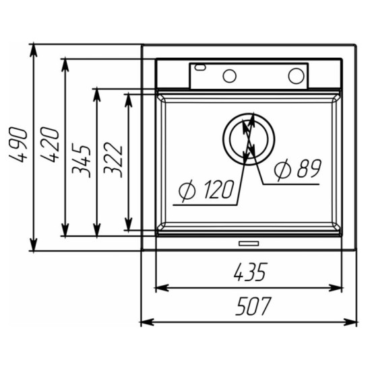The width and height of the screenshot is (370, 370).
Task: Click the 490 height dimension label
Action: click(18, 145)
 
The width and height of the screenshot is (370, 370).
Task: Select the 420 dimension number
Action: click(49, 145)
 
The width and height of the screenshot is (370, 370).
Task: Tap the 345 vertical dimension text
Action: click(82, 161)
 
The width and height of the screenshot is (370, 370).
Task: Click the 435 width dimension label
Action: click(251, 272)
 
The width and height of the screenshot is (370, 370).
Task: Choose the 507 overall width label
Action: click(253, 306)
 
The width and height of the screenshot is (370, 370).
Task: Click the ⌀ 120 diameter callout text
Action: click(206, 190)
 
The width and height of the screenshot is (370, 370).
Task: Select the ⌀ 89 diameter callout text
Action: click(298, 169)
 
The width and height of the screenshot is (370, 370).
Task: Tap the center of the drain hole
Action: click(249, 139)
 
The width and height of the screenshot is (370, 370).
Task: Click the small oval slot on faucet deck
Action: click(200, 67)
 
